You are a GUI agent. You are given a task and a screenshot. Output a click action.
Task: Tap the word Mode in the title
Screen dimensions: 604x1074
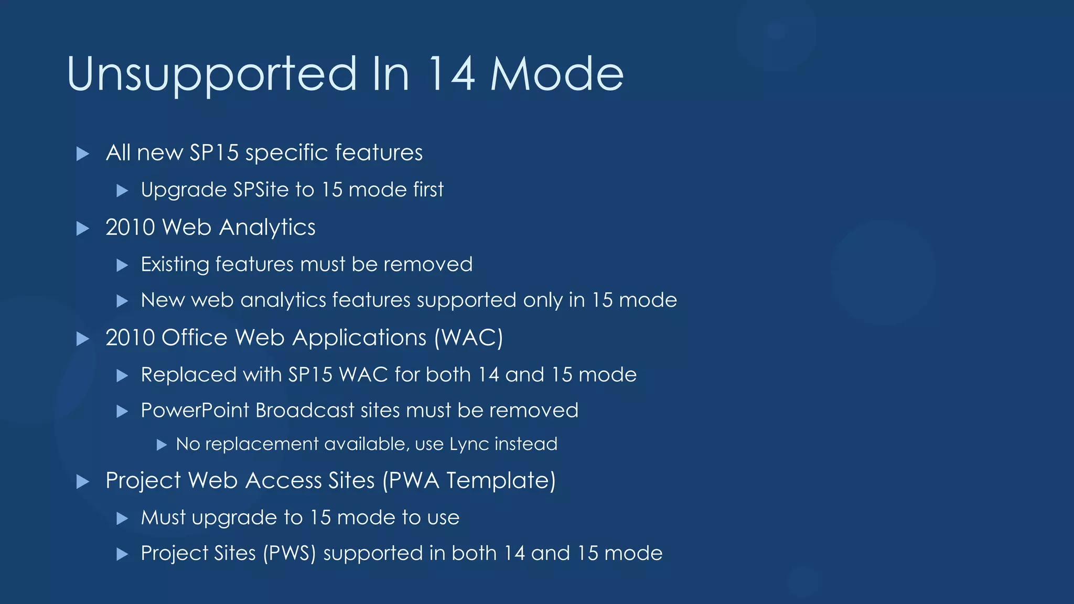pos(557,74)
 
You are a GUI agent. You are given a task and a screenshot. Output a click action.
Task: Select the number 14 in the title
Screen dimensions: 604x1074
pos(452,74)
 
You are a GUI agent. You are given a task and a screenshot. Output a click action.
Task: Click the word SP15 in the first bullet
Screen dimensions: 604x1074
pos(214,153)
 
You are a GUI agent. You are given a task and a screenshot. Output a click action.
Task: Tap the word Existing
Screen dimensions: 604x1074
pos(175,264)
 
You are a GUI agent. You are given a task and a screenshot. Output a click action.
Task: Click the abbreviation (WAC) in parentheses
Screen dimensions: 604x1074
pos(468,338)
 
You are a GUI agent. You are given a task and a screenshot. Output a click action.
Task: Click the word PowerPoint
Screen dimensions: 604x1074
pos(195,411)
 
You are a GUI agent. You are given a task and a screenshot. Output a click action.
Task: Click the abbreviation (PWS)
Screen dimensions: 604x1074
pos(289,554)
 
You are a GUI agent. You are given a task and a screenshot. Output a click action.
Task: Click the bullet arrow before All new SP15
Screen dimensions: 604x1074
pos(83,154)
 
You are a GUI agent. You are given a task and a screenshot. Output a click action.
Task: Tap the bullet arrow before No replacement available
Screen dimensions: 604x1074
pos(162,445)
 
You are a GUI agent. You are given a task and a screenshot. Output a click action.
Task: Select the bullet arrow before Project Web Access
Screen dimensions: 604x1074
pos(83,481)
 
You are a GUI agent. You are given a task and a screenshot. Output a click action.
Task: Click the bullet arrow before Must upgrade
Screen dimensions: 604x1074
pos(122,519)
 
